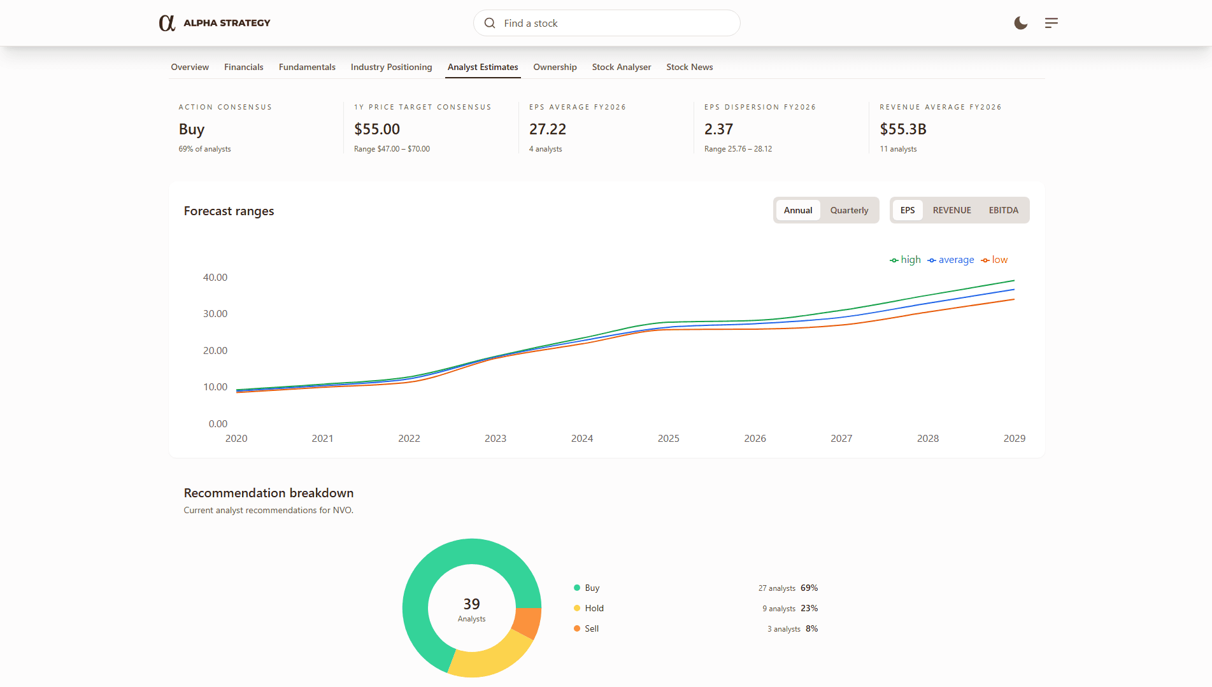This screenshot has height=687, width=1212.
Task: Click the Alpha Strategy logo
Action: (214, 23)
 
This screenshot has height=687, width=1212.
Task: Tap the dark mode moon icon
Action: (1020, 23)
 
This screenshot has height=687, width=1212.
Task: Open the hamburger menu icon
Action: (1051, 23)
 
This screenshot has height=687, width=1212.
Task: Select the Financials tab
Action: (243, 67)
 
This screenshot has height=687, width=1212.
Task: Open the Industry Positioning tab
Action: (391, 67)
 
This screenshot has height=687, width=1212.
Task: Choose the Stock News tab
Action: (689, 67)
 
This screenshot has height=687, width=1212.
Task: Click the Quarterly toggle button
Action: (849, 210)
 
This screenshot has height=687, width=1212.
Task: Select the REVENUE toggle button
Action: (952, 210)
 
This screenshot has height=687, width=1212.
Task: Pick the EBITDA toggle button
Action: (1003, 210)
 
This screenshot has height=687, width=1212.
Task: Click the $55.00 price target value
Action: (377, 129)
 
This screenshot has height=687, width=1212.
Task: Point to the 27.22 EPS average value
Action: (548, 129)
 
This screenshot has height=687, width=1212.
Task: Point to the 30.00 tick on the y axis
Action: (215, 314)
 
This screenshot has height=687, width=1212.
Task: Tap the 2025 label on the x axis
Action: (668, 439)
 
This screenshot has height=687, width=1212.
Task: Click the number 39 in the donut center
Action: (471, 604)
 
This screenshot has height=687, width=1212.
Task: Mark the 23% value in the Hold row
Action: (809, 608)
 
